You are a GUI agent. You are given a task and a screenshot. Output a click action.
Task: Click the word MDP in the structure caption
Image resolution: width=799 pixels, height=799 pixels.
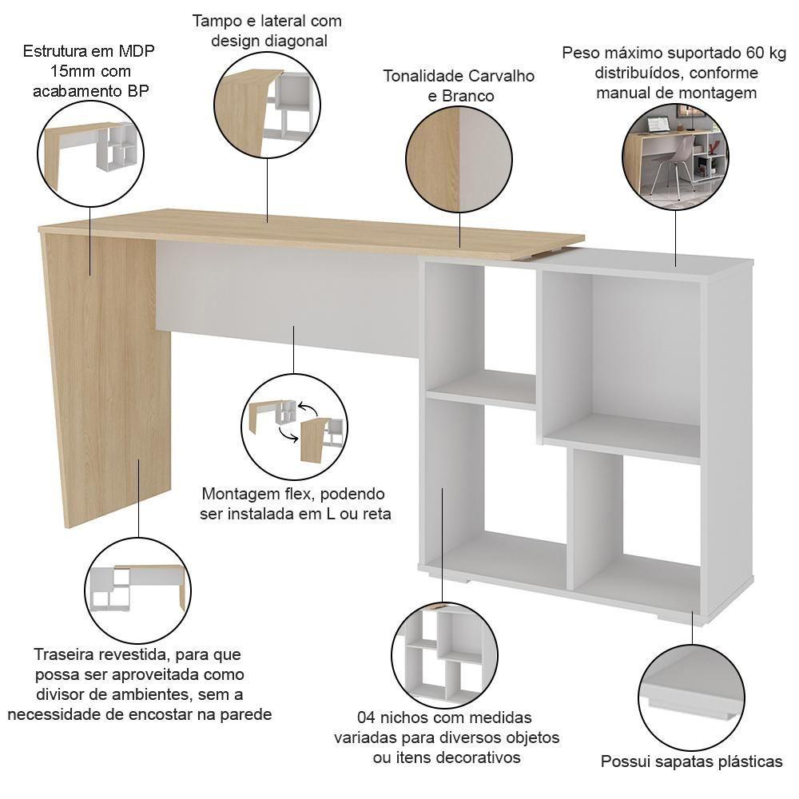pyautogui.click(x=137, y=51)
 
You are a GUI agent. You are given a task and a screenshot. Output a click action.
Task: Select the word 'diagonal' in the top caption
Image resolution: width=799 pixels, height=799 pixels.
pyautogui.click(x=295, y=41)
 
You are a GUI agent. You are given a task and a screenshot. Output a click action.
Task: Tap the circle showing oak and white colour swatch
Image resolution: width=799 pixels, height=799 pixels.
pyautogui.click(x=459, y=160)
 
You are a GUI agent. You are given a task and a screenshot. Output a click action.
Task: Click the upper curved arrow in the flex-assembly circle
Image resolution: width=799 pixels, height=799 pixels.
pyautogui.click(x=308, y=408)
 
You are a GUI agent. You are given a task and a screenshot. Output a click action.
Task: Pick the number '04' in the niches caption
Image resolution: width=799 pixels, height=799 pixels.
pyautogui.click(x=367, y=718)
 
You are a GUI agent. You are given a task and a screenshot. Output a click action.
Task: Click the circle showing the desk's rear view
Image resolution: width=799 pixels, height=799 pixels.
pyautogui.click(x=137, y=591)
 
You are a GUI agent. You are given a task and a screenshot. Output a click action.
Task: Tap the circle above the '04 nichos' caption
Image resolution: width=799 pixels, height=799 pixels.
pyautogui.click(x=444, y=655)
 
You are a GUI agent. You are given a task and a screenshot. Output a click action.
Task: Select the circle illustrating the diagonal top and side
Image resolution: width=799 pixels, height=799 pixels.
pyautogui.click(x=267, y=105)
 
